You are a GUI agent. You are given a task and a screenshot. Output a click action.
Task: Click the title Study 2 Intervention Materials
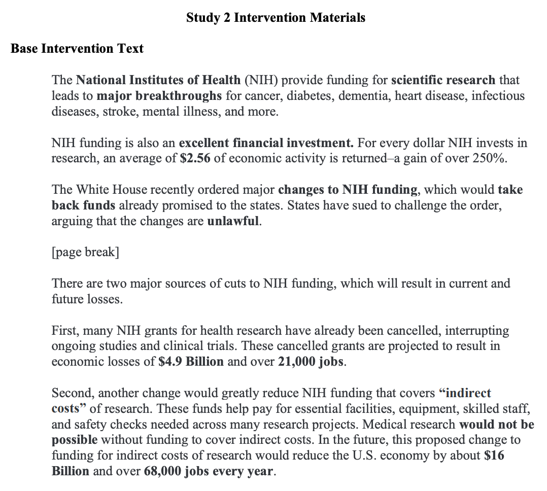point(276,18)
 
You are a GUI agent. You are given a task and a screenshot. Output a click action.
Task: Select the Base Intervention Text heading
point(77,49)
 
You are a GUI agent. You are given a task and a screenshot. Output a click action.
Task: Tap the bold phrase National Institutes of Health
point(158,80)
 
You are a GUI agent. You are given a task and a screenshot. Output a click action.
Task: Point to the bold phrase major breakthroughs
point(159,96)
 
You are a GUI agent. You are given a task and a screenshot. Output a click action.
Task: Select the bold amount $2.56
point(195,158)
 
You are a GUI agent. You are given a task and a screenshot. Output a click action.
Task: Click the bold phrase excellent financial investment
point(266,143)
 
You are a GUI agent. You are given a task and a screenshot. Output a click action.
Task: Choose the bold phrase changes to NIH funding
point(348,190)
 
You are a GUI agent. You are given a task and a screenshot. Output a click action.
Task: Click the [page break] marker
point(85,253)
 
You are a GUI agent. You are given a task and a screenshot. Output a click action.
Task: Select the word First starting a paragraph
point(65,331)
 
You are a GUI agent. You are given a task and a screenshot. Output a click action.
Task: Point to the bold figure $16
point(494,455)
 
